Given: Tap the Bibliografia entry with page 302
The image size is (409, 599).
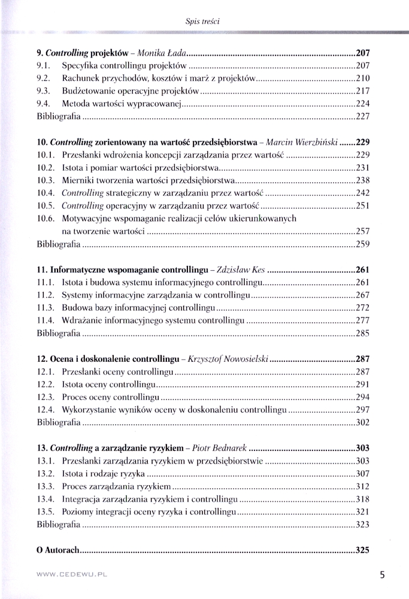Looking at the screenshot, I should tap(58, 422).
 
